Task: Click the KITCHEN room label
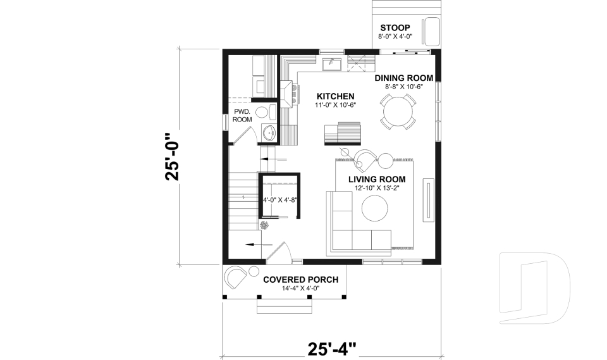click(x=335, y=96)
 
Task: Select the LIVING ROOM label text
click(x=376, y=179)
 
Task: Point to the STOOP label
click(x=395, y=28)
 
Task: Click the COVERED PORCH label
click(x=300, y=280)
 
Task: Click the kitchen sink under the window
click(x=331, y=63)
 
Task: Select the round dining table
click(x=396, y=111)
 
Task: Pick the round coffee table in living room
click(x=375, y=208)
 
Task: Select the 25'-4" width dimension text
click(x=331, y=349)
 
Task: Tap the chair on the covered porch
click(x=236, y=276)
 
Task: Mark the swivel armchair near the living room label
click(x=365, y=159)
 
